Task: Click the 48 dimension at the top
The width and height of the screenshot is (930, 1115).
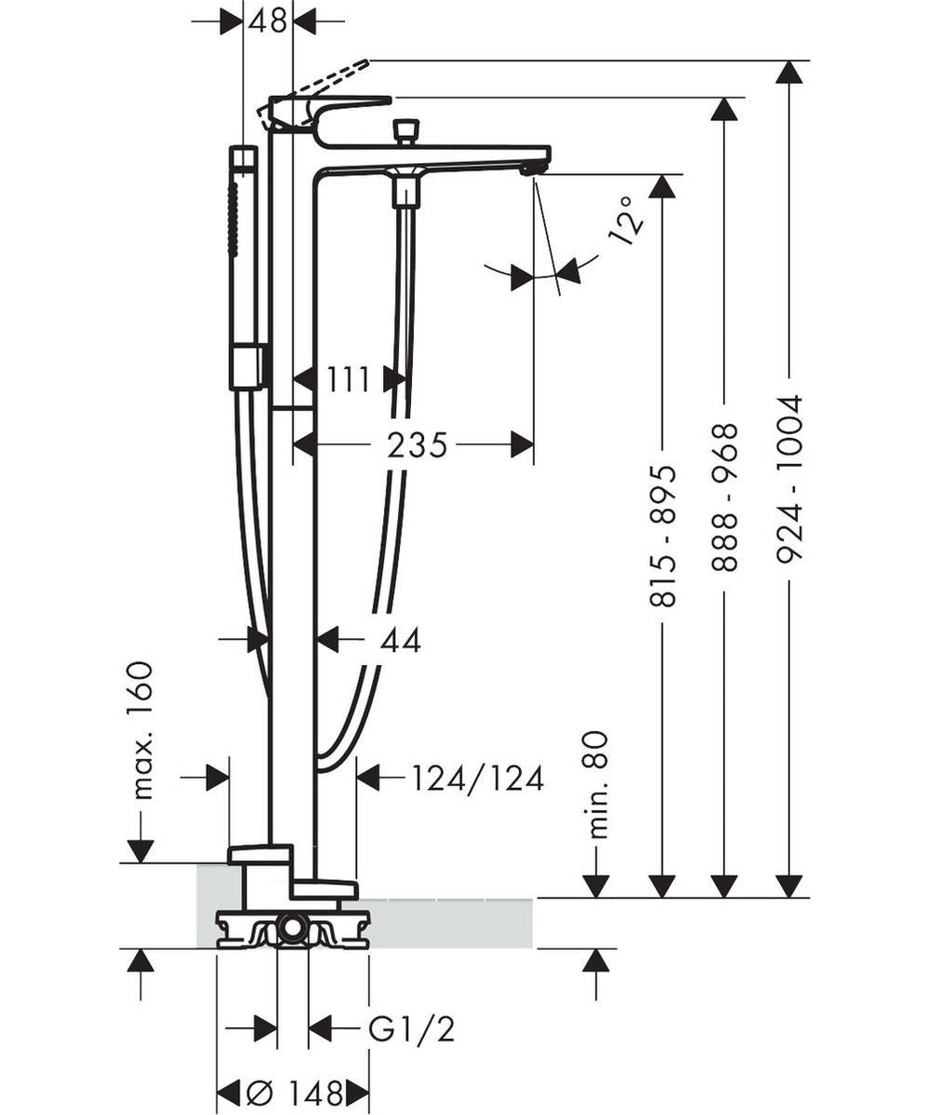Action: (267, 20)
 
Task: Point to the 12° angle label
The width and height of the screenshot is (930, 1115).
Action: (627, 220)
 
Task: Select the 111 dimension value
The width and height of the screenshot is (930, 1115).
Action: (348, 379)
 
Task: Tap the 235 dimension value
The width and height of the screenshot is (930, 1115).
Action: (417, 445)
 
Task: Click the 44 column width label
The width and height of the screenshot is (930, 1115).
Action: (401, 640)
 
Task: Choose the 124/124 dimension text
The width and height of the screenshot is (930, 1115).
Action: (477, 778)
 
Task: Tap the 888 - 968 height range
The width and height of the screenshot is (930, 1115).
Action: (725, 497)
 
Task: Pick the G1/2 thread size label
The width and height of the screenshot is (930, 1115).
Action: (411, 1029)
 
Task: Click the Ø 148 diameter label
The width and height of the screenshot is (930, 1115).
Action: (294, 1092)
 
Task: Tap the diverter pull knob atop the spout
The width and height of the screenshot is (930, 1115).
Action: (404, 131)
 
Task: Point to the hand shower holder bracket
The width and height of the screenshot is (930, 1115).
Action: (248, 367)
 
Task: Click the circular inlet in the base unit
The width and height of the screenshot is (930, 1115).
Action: (294, 928)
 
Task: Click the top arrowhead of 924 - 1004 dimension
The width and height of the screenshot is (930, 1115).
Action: (789, 73)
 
